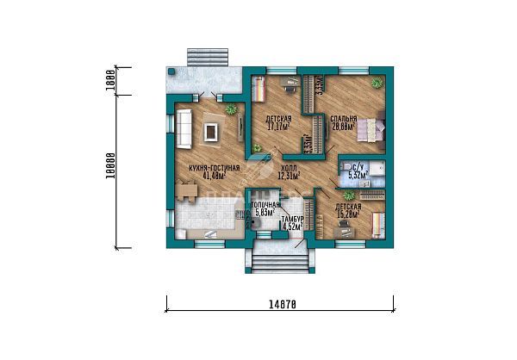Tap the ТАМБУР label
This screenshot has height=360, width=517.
(x=292, y=220)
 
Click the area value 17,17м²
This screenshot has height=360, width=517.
(x=277, y=127)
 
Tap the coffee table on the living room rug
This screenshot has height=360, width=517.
(x=210, y=131)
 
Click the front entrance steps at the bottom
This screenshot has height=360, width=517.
(x=278, y=256)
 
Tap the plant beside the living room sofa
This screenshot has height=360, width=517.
(x=231, y=109)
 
